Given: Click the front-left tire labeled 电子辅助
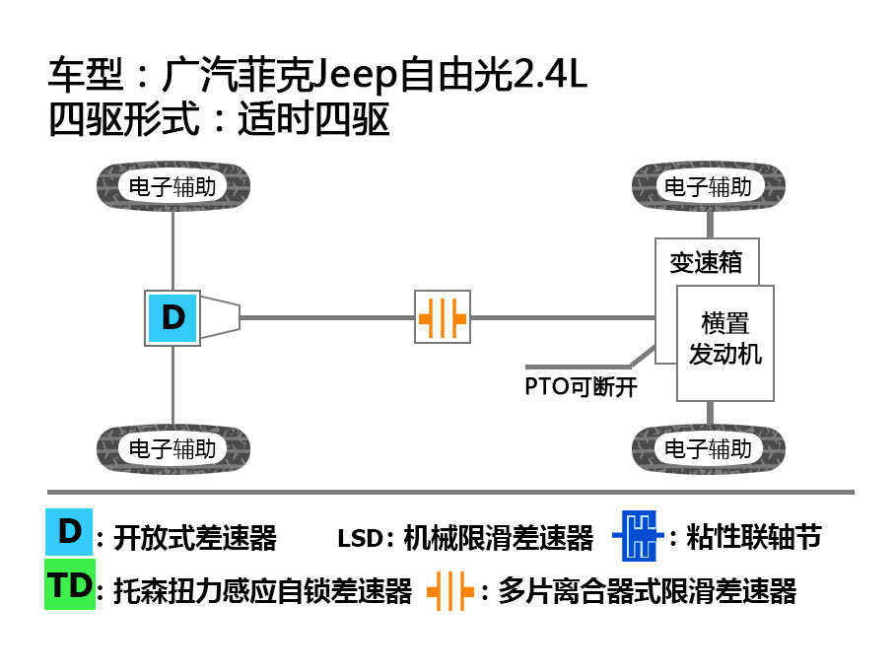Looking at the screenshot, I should (x=172, y=186).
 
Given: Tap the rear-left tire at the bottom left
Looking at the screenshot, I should (x=172, y=449).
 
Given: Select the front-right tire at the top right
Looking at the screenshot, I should (x=708, y=186).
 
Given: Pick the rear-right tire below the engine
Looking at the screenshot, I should (x=708, y=449).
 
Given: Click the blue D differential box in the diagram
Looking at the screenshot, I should (x=172, y=317).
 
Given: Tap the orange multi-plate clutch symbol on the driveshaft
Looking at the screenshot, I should (x=443, y=317).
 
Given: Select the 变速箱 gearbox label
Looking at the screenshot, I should (x=706, y=263).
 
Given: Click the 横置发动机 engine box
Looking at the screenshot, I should (x=725, y=341).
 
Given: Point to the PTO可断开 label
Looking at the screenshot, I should (x=581, y=386).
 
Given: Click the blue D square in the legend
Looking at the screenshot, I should (x=69, y=532).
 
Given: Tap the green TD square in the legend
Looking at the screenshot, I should (x=70, y=585).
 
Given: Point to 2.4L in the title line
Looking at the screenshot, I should (x=551, y=76).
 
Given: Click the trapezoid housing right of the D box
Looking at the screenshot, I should (x=220, y=317).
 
